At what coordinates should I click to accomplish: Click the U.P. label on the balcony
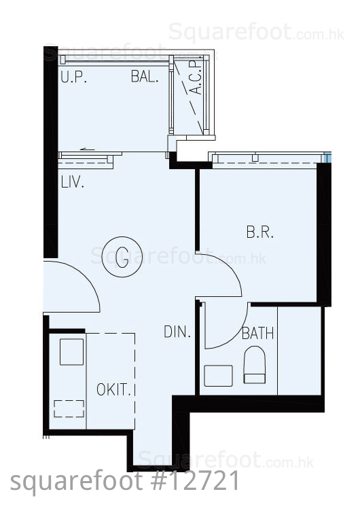(x=73, y=77)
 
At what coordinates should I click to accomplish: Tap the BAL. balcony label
(x=145, y=76)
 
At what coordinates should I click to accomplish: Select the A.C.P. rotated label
(x=196, y=77)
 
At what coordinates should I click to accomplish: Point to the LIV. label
(x=72, y=182)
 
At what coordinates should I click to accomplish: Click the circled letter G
(x=122, y=257)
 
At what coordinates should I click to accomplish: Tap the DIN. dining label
(x=177, y=332)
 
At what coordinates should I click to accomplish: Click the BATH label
(x=257, y=334)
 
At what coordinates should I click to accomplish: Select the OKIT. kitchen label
(x=113, y=389)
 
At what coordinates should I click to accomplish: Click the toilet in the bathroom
(x=255, y=365)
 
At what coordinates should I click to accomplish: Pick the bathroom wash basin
(x=219, y=376)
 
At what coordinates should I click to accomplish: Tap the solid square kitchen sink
(x=71, y=352)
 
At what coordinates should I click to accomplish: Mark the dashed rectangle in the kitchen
(x=69, y=408)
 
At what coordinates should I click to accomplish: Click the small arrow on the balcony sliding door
(x=88, y=149)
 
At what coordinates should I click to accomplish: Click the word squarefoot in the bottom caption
(x=76, y=482)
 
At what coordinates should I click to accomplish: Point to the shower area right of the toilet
(x=299, y=351)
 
